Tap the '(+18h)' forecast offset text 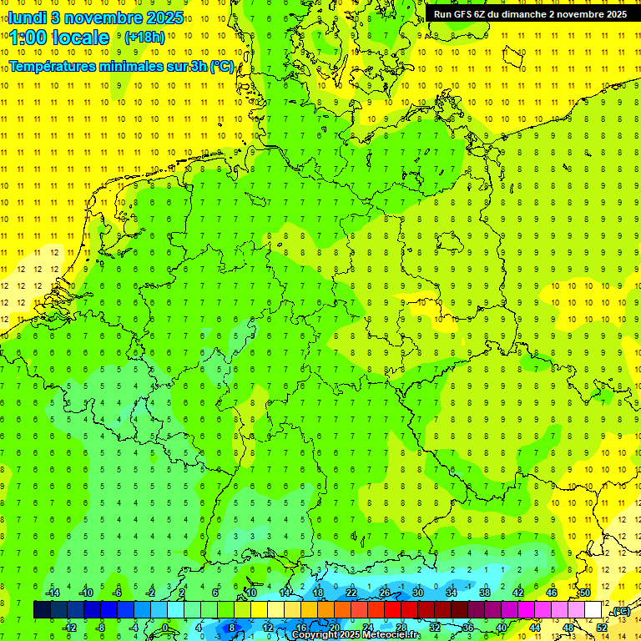pyautogui.click(x=144, y=38)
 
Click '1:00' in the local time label pyautogui.click(x=28, y=38)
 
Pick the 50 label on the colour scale pyautogui.click(x=585, y=593)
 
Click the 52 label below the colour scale pyautogui.click(x=602, y=628)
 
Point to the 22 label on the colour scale pyautogui.click(x=351, y=593)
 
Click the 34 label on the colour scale pyautogui.click(x=452, y=593)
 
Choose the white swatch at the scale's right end pyautogui.click(x=593, y=610)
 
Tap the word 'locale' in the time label pyautogui.click(x=80, y=38)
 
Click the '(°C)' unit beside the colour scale pyautogui.click(x=620, y=611)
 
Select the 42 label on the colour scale pyautogui.click(x=518, y=593)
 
